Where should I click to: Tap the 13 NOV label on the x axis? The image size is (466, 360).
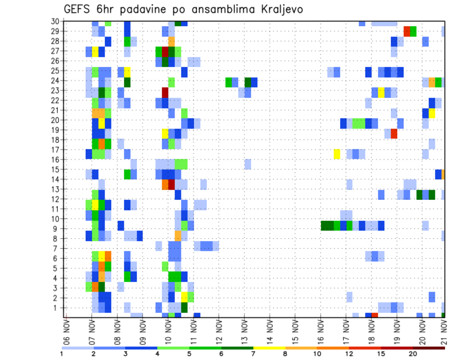pyautogui.click(x=244, y=330)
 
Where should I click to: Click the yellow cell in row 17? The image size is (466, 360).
pyautogui.click(x=337, y=154)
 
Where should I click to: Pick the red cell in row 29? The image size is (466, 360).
pyautogui.click(x=407, y=32)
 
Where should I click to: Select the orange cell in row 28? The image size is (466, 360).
pyautogui.click(x=171, y=41)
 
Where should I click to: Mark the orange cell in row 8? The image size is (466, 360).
pyautogui.click(x=178, y=236)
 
